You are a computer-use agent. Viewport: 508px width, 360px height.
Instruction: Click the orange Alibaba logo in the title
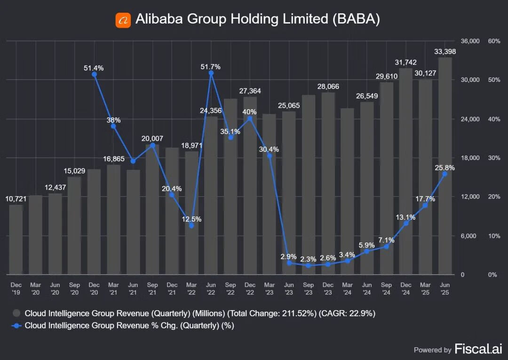(123, 20)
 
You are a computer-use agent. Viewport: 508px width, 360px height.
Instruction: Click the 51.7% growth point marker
(211, 73)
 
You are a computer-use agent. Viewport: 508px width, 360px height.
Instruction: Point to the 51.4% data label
(94, 68)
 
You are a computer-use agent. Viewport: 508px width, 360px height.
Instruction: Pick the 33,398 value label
(445, 51)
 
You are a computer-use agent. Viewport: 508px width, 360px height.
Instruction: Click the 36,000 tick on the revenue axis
(470, 41)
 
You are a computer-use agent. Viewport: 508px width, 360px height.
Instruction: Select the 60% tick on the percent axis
(494, 41)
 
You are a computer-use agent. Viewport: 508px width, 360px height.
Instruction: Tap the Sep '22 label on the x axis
(230, 288)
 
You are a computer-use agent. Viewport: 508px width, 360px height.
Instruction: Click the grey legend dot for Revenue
(17, 313)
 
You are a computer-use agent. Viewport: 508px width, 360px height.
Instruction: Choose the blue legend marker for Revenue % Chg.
(17, 325)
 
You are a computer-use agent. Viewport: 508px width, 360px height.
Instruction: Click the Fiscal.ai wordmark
(478, 349)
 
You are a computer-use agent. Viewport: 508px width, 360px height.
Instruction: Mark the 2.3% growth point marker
(308, 265)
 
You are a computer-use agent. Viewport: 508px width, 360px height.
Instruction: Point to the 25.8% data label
(444, 167)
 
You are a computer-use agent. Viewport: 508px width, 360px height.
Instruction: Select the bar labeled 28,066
(328, 184)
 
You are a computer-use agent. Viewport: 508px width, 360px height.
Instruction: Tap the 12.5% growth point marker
(191, 226)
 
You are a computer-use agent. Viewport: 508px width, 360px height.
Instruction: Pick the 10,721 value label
(16, 199)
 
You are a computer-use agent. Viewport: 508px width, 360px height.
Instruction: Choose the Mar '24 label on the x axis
(347, 288)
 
